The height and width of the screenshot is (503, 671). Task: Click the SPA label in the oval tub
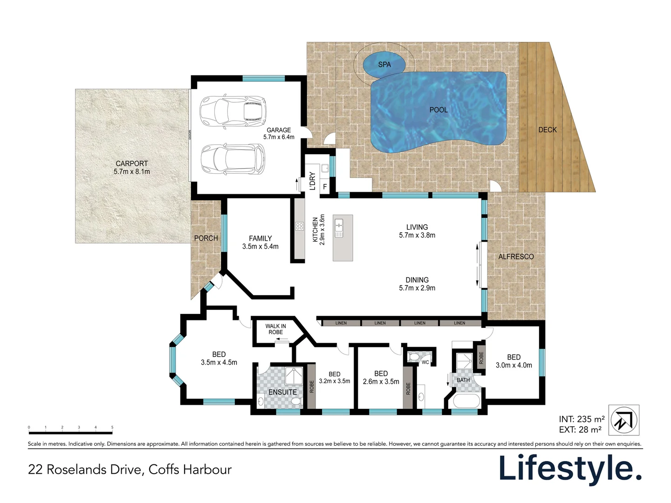pyautogui.click(x=384, y=65)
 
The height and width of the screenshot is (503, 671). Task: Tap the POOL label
pyautogui.click(x=438, y=110)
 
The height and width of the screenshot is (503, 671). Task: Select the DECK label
pyautogui.click(x=548, y=130)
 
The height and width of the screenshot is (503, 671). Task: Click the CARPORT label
pyautogui.click(x=132, y=163)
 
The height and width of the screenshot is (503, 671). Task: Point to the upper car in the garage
pyautogui.click(x=233, y=112)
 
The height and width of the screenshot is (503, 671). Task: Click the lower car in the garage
pyautogui.click(x=233, y=159)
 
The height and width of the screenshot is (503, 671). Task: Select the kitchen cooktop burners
pyautogui.click(x=300, y=226)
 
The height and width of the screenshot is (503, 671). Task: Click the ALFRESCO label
pyautogui.click(x=516, y=257)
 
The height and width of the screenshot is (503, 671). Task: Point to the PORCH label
pyautogui.click(x=206, y=238)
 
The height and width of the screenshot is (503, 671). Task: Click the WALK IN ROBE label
pyautogui.click(x=276, y=329)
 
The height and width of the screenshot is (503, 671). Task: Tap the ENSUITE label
pyautogui.click(x=282, y=392)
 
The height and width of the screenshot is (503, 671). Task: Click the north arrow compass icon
pyautogui.click(x=624, y=420)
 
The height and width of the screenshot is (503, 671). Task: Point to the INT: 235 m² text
pyautogui.click(x=582, y=419)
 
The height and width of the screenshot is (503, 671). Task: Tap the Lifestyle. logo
pyautogui.click(x=570, y=468)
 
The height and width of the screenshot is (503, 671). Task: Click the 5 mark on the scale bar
pyautogui.click(x=112, y=427)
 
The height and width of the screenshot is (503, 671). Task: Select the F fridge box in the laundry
pyautogui.click(x=325, y=187)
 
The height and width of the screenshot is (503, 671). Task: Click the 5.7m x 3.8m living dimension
pyautogui.click(x=417, y=235)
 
